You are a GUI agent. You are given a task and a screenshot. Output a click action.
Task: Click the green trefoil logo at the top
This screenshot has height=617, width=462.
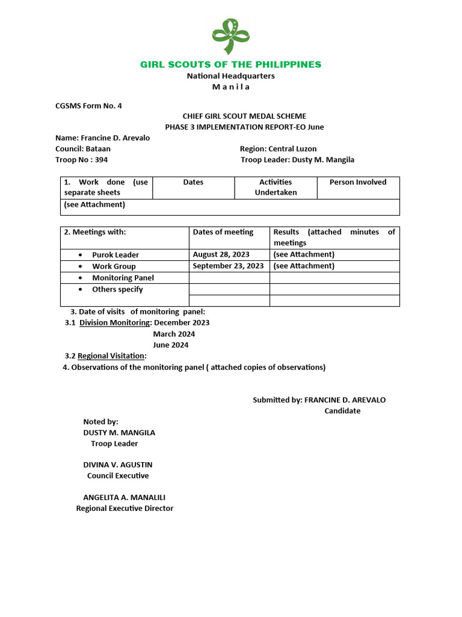[x=230, y=37]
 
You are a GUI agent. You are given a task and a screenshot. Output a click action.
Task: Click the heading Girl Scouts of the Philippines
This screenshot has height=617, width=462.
[x=230, y=64]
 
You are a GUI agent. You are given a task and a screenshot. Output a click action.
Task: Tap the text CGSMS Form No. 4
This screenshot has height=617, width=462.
[x=88, y=105]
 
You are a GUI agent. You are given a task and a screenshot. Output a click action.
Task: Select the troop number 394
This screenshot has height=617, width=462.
[x=100, y=160]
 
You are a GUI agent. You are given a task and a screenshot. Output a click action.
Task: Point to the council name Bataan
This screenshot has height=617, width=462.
[x=97, y=149]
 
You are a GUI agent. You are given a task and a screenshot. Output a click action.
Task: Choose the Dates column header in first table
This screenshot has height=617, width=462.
[x=193, y=182]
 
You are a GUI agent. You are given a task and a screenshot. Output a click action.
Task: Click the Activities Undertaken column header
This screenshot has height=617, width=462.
[x=276, y=187]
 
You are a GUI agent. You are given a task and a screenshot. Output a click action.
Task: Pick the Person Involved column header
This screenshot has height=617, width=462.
[x=358, y=182]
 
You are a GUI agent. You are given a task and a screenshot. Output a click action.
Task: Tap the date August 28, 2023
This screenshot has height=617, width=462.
[x=221, y=255]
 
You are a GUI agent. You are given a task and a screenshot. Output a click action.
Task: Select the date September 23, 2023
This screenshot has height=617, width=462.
[x=228, y=266]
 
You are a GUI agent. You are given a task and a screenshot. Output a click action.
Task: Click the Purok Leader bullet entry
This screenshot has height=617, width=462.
[x=115, y=255]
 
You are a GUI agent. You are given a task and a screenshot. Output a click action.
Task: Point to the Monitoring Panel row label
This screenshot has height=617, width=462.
[x=123, y=278]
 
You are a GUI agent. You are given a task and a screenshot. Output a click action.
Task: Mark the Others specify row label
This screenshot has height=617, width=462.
[x=117, y=289]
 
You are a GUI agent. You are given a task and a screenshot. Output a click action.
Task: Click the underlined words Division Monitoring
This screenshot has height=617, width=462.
[x=114, y=322]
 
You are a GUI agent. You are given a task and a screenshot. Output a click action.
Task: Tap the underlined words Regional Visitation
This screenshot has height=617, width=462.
[x=111, y=356]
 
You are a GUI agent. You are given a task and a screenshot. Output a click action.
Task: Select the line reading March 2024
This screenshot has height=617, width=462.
[x=174, y=334]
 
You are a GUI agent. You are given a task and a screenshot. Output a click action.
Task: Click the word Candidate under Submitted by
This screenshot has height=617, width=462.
[x=342, y=411]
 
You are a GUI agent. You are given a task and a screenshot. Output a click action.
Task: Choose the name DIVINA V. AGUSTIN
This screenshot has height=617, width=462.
[x=117, y=465]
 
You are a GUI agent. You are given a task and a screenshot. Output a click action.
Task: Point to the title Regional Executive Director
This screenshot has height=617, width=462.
[x=125, y=509]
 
